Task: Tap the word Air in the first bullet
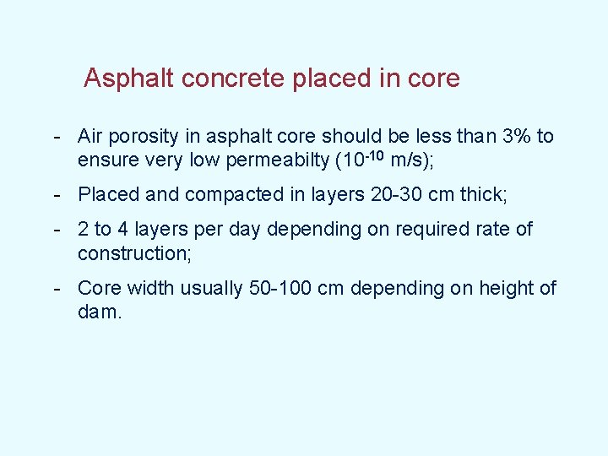pos(90,136)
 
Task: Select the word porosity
pos(146,137)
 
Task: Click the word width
pos(148,288)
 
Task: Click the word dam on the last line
pos(96,312)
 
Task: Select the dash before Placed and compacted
pos(56,195)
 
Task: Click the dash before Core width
pos(56,289)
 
